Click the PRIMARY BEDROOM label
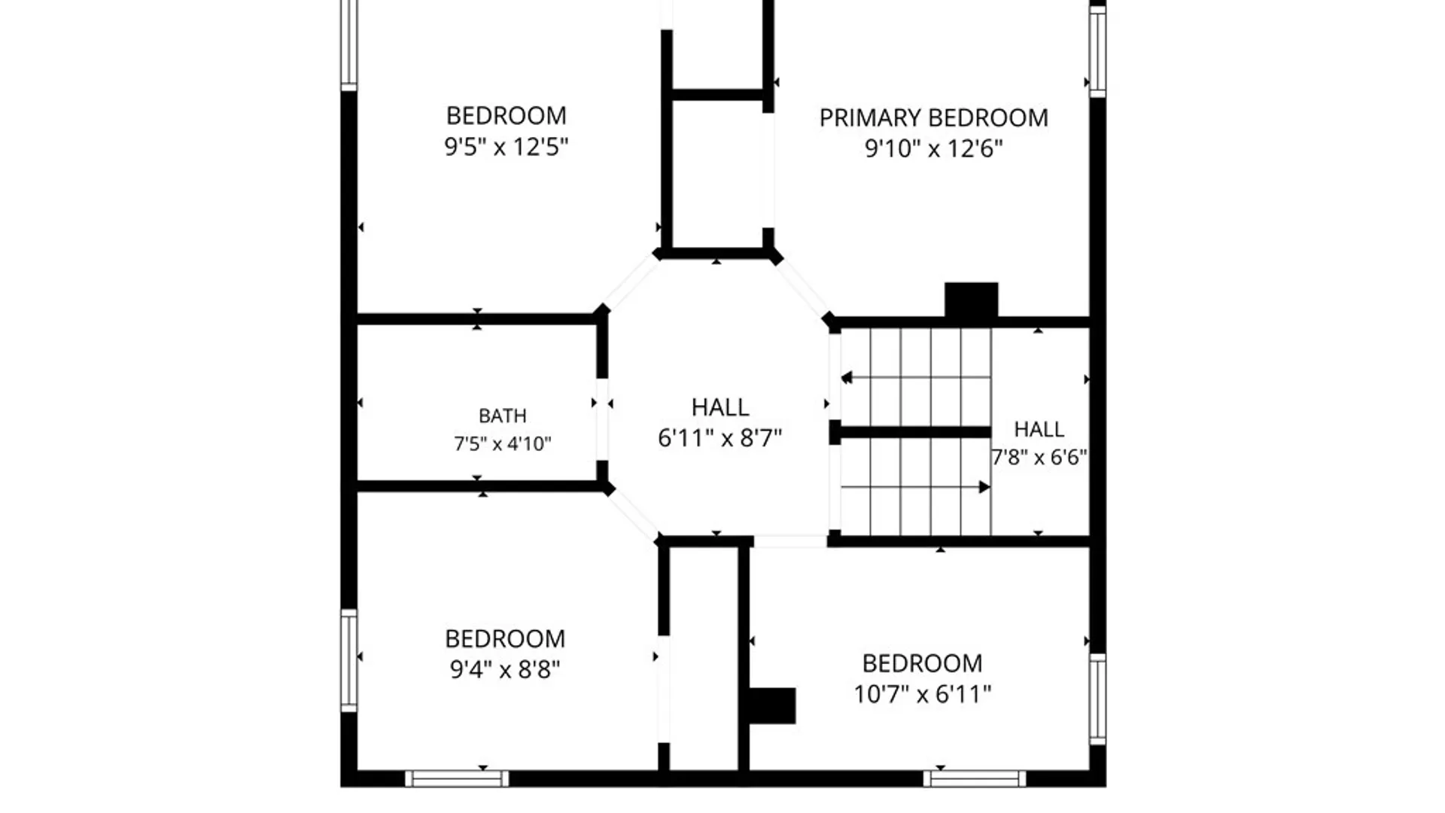point(933,118)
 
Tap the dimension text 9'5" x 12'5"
point(506,146)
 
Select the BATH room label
point(503,416)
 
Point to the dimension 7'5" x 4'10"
point(503,444)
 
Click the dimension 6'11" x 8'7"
point(720,437)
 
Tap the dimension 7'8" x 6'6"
point(1039,457)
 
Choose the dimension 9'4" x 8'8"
point(505,668)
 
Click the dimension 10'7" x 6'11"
point(923,693)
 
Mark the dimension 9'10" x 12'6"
point(934,148)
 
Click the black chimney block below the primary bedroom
point(972,300)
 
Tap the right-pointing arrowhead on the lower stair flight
point(984,487)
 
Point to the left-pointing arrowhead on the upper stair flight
point(847,378)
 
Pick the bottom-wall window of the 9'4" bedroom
point(457,778)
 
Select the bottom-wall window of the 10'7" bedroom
point(975,778)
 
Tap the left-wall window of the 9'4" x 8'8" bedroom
point(348,661)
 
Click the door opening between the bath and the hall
point(602,419)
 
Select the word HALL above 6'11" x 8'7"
point(720,407)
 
